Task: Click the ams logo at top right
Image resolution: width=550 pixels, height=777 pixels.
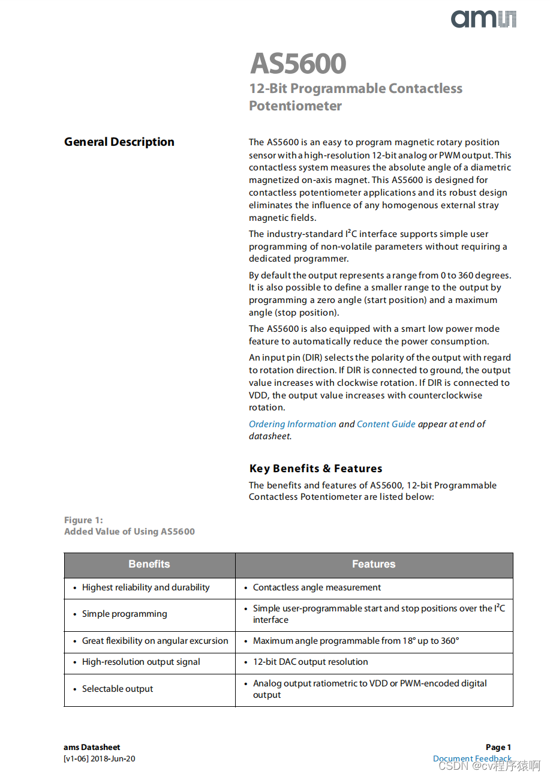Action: (483, 19)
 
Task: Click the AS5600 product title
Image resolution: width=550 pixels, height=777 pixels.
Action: (298, 64)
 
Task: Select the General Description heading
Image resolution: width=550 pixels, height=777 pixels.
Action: (119, 142)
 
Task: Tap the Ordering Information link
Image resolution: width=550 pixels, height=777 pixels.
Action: (292, 424)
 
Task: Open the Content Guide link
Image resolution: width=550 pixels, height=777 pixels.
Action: (386, 424)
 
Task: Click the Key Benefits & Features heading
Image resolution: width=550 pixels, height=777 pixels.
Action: (315, 469)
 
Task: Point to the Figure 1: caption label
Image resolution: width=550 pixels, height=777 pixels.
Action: (83, 520)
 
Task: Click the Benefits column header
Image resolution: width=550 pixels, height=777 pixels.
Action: (149, 564)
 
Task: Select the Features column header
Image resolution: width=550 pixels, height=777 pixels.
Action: (374, 564)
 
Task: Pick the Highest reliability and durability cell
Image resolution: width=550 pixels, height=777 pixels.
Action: (146, 588)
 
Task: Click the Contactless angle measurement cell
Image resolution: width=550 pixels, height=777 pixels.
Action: (317, 588)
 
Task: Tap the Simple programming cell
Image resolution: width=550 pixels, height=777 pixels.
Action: (124, 614)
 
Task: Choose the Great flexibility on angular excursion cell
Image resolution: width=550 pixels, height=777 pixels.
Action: (155, 641)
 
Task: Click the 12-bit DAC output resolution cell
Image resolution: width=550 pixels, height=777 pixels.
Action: (310, 662)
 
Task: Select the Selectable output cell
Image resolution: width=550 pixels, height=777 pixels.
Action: (118, 689)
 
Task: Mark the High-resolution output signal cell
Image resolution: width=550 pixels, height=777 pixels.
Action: (141, 662)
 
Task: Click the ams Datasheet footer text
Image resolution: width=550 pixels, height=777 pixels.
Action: (92, 748)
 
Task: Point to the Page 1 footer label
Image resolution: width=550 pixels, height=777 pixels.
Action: (498, 748)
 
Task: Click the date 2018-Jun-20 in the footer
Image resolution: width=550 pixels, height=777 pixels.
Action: (113, 759)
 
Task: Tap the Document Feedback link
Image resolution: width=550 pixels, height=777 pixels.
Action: (472, 759)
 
